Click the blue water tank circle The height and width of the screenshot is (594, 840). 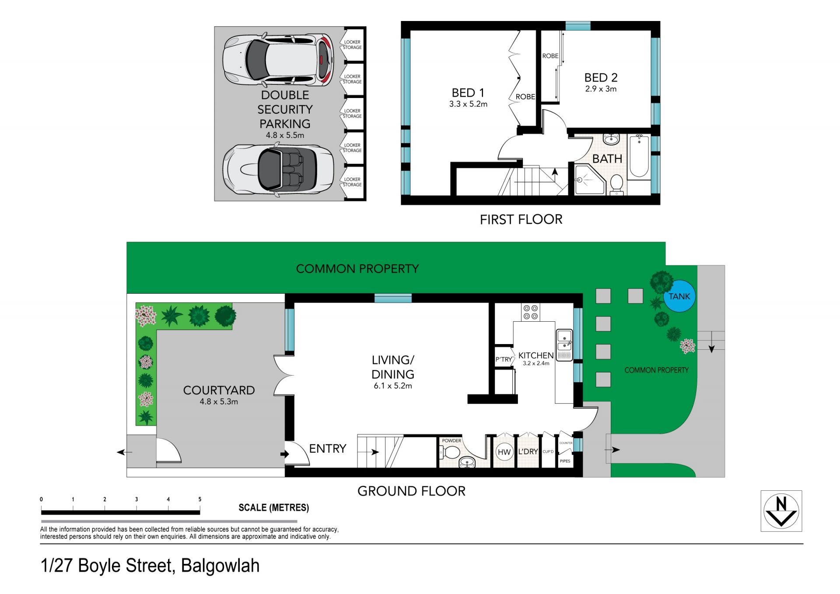[679, 296]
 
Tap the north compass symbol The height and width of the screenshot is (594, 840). [781, 511]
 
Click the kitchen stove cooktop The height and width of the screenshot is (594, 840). [530, 312]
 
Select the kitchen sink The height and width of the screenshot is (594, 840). [564, 345]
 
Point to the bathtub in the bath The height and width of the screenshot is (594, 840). [639, 156]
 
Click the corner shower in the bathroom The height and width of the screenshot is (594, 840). [589, 179]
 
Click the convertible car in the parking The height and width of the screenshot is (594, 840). [278, 169]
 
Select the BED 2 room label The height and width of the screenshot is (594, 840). [601, 77]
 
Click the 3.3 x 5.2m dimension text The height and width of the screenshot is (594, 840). [468, 104]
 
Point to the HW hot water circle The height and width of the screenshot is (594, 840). [504, 452]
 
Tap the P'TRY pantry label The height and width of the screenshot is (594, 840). [504, 359]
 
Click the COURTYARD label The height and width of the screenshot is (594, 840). [219, 390]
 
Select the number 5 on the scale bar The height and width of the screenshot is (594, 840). [200, 499]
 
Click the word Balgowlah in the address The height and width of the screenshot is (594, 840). [220, 566]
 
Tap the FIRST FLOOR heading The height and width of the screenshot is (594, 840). [521, 219]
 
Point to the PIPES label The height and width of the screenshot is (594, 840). [565, 461]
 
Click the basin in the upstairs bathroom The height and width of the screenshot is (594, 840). [611, 139]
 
